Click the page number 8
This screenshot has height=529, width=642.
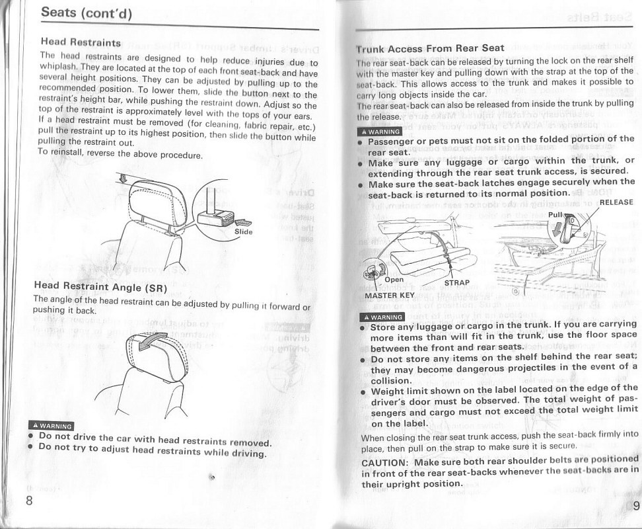(29, 499)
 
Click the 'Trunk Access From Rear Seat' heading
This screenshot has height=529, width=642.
(430, 48)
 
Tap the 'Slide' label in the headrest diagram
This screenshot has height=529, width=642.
(243, 231)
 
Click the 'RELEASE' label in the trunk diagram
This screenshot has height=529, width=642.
(616, 202)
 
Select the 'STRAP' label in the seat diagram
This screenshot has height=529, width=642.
(457, 283)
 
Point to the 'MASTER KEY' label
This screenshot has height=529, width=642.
(390, 295)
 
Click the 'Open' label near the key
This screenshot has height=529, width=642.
(394, 279)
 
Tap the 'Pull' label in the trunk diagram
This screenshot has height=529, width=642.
(556, 215)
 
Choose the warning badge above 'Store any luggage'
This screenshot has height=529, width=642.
(380, 316)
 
